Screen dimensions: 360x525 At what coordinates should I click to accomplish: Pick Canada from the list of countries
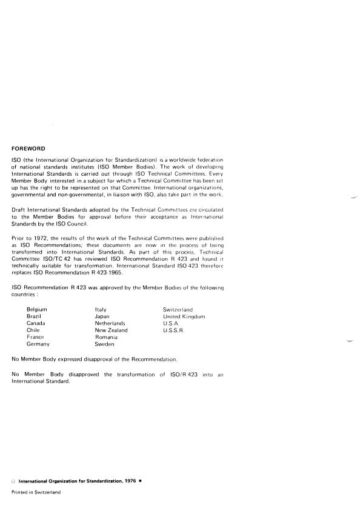click(36, 324)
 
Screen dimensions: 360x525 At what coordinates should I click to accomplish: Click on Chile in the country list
click(33, 330)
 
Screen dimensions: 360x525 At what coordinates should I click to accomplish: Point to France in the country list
click(36, 337)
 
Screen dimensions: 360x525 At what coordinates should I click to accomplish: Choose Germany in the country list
click(38, 344)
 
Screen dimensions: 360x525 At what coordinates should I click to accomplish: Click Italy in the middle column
click(101, 309)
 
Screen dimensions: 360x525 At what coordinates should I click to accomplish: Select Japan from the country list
click(102, 316)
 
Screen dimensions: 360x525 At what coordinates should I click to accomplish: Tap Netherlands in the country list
click(110, 324)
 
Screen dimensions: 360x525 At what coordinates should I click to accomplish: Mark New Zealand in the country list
click(112, 330)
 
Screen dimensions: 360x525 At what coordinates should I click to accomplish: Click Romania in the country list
click(106, 337)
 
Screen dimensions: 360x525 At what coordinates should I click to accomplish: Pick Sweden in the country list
click(105, 344)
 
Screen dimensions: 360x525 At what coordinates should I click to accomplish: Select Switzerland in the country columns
click(178, 309)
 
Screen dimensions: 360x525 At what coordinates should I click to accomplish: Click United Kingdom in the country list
click(184, 316)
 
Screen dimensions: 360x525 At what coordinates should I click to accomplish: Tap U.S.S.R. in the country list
click(173, 330)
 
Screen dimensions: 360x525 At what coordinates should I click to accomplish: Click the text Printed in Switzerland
click(36, 492)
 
